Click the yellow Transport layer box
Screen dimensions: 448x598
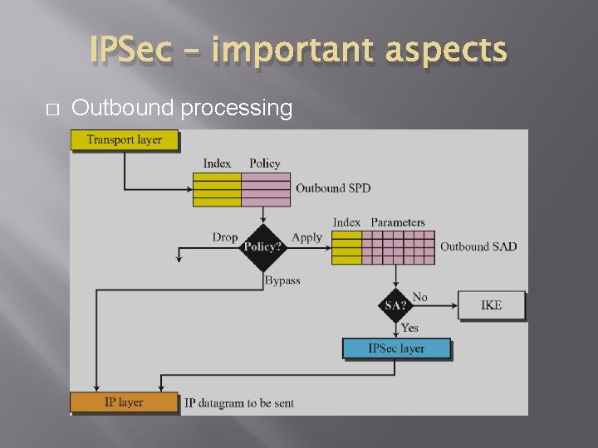click(124, 140)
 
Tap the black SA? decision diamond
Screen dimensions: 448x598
click(395, 305)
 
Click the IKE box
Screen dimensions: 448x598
click(491, 305)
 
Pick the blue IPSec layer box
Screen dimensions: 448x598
click(396, 348)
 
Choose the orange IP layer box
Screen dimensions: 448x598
click(124, 402)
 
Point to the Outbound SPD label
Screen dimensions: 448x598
click(333, 188)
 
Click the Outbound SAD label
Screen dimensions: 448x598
click(478, 246)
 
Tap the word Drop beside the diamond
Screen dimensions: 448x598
click(224, 237)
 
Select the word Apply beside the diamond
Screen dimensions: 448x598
click(306, 237)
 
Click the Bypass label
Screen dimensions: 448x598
click(282, 280)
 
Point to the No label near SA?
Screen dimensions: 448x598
click(420, 297)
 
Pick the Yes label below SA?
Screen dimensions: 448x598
click(409, 328)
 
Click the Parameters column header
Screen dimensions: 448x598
click(398, 222)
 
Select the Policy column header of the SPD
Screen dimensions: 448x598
click(265, 163)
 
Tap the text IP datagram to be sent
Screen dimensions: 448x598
click(239, 403)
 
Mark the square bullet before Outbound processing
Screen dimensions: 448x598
click(51, 110)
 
